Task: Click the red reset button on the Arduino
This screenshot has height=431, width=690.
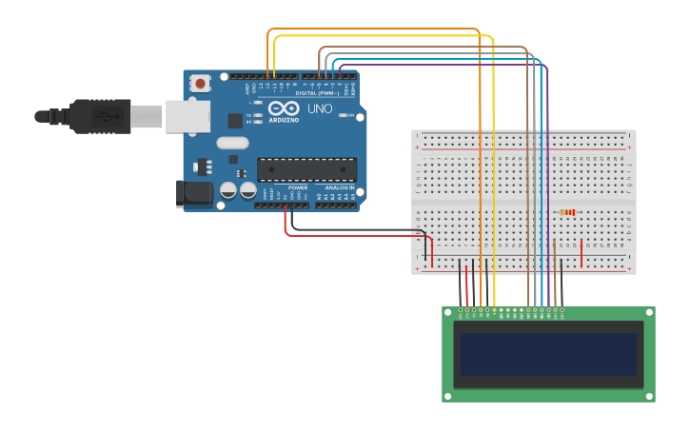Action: (x=200, y=84)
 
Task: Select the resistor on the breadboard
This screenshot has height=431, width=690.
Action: (x=568, y=212)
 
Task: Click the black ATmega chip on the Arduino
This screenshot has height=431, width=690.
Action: (x=306, y=169)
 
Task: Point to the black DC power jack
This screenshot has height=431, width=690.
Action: (x=195, y=193)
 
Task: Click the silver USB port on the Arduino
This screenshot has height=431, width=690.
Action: (x=187, y=116)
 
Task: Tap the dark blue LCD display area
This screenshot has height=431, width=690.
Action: (x=548, y=353)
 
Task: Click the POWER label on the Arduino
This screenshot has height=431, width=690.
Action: (x=298, y=187)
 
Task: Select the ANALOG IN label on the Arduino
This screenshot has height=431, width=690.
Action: (x=340, y=187)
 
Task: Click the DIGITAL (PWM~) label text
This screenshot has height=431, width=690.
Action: (x=317, y=93)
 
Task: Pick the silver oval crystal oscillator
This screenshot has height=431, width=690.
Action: (x=232, y=143)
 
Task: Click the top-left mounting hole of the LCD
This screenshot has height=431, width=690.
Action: (x=448, y=312)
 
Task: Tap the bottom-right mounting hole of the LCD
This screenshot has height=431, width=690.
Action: (x=649, y=396)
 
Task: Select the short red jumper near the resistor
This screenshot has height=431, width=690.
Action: (x=582, y=252)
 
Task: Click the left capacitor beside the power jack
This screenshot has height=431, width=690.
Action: (x=228, y=190)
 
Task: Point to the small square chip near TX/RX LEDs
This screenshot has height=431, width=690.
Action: (x=235, y=121)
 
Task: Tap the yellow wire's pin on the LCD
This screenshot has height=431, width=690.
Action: (x=494, y=310)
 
